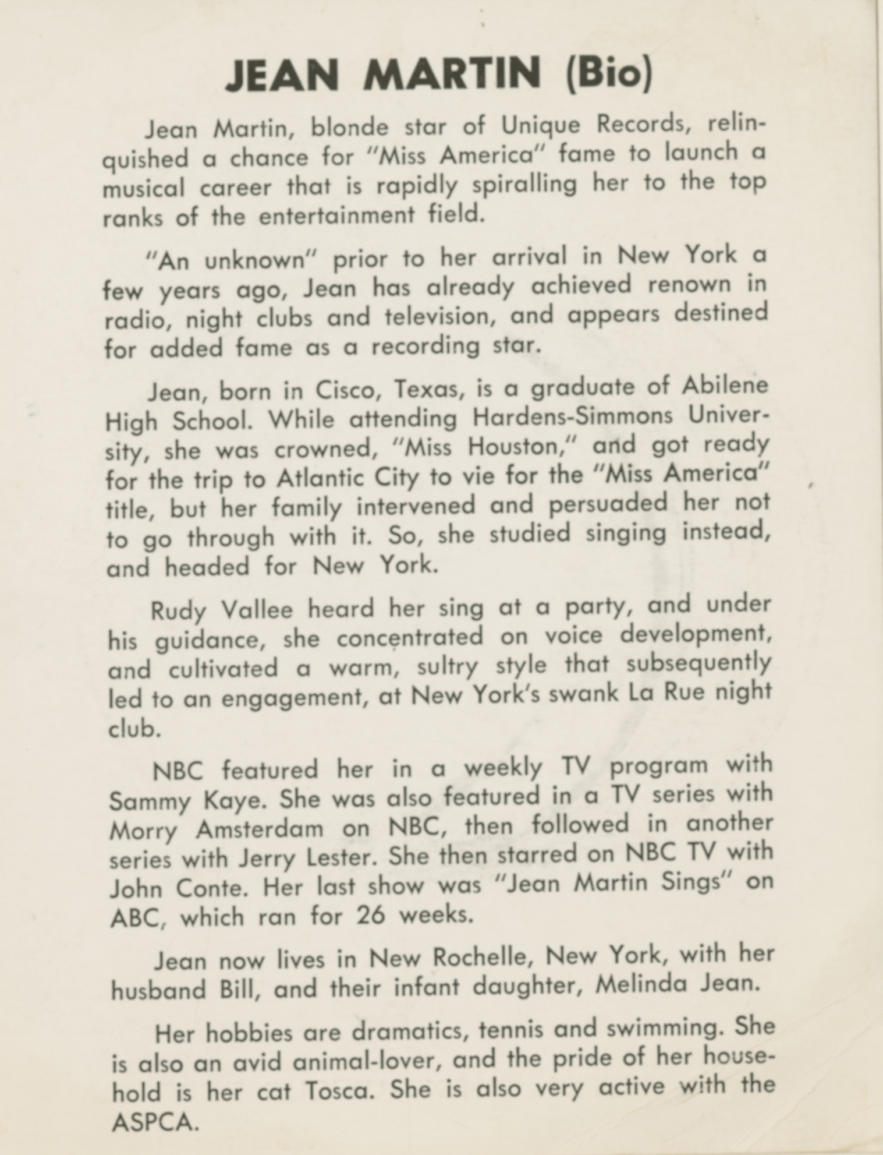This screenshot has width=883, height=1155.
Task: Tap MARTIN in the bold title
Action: coord(452,74)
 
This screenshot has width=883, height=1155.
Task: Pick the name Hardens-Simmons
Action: coord(573,416)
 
